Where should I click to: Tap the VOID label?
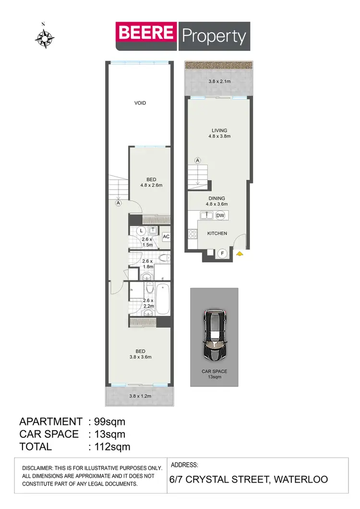[140, 103]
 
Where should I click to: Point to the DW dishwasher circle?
[220, 216]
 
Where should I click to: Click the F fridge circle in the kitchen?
[222, 253]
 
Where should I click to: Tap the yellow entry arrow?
[240, 253]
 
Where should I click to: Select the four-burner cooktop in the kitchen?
[193, 234]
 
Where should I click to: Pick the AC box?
[166, 236]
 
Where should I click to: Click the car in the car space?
[214, 336]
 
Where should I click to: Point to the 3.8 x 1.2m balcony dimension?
[140, 396]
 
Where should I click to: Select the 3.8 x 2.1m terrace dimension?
[219, 82]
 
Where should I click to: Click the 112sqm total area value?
[109, 447]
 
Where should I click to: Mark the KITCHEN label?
[217, 233]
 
